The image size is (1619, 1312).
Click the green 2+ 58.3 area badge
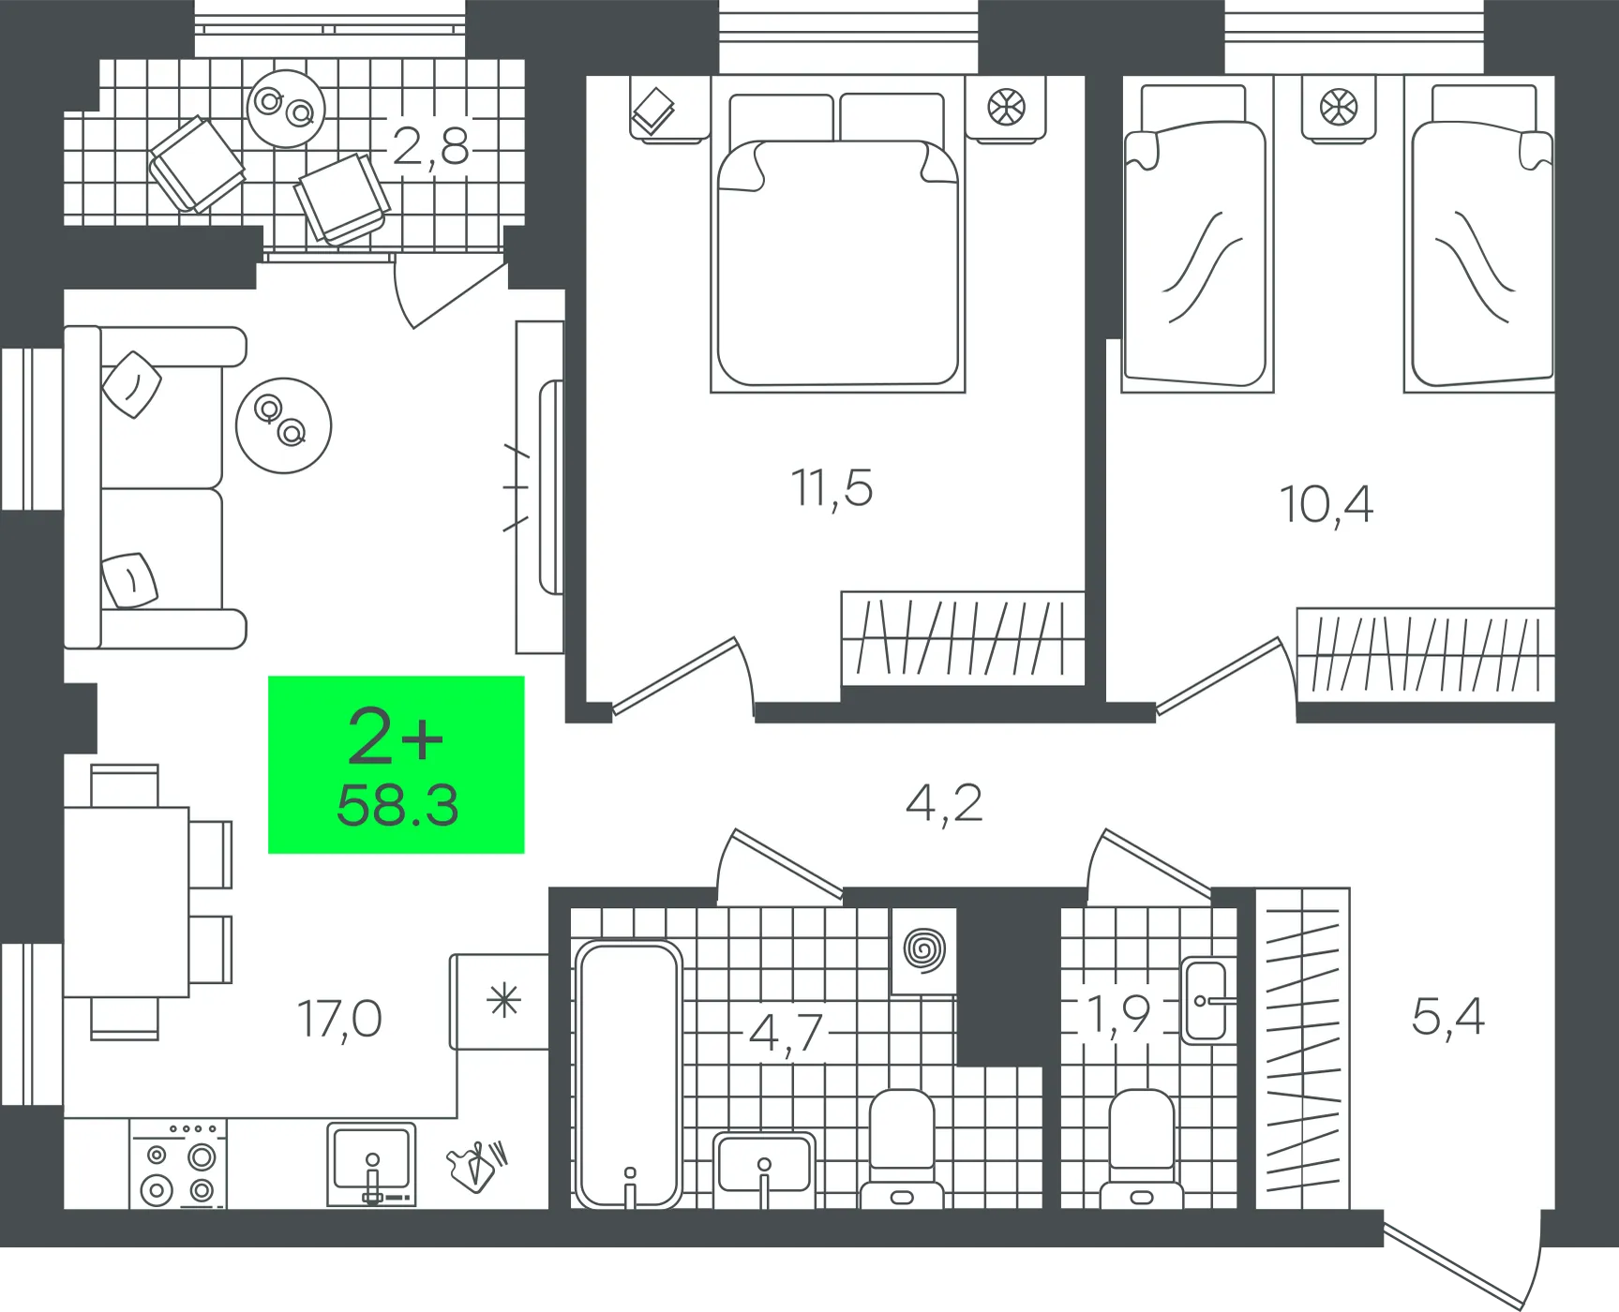click(396, 765)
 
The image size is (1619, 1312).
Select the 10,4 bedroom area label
click(1327, 504)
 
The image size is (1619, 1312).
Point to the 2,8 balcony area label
click(430, 147)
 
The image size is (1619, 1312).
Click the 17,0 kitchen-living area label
click(339, 1020)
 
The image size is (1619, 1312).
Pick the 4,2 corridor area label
click(944, 804)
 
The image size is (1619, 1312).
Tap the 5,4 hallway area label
click(1447, 1017)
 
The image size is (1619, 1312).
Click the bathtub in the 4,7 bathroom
click(629, 1074)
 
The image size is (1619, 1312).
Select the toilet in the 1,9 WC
click(1142, 1149)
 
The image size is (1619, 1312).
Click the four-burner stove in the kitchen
click(178, 1164)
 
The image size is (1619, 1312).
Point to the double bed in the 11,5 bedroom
click(838, 234)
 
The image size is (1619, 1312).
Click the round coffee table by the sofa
click(283, 425)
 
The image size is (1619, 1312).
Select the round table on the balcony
click(286, 109)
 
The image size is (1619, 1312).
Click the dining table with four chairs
click(148, 902)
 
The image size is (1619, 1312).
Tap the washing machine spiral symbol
click(924, 950)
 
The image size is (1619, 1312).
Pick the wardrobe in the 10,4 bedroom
click(1425, 654)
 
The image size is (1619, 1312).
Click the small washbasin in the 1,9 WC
click(1207, 1001)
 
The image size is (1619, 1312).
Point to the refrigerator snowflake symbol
click(503, 1002)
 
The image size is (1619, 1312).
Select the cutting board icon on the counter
click(477, 1166)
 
